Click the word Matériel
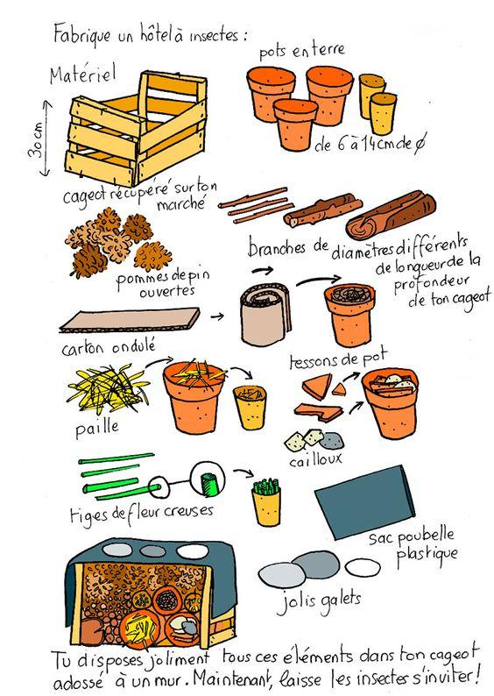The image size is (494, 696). pyautogui.click(x=83, y=74)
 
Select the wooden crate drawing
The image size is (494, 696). pyautogui.click(x=137, y=129)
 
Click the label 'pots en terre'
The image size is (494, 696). pyautogui.click(x=301, y=51)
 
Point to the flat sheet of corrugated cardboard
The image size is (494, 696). pyautogui.click(x=130, y=321)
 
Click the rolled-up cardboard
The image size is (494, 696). pyautogui.click(x=265, y=315)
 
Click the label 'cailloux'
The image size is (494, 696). pyautogui.click(x=315, y=460)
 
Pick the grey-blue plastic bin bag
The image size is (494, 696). pyautogui.click(x=364, y=501)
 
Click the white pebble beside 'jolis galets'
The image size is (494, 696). pyautogui.click(x=363, y=567)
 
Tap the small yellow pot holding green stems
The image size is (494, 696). pyautogui.click(x=266, y=502)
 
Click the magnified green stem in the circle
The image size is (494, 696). pyautogui.click(x=207, y=484)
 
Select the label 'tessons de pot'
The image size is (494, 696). pyautogui.click(x=338, y=359)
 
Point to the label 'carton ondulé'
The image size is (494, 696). pyautogui.click(x=109, y=347)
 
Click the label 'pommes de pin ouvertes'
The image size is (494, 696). pyautogui.click(x=162, y=284)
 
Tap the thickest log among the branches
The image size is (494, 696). pyautogui.click(x=392, y=216)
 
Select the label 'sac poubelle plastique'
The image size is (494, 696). pyautogui.click(x=413, y=543)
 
